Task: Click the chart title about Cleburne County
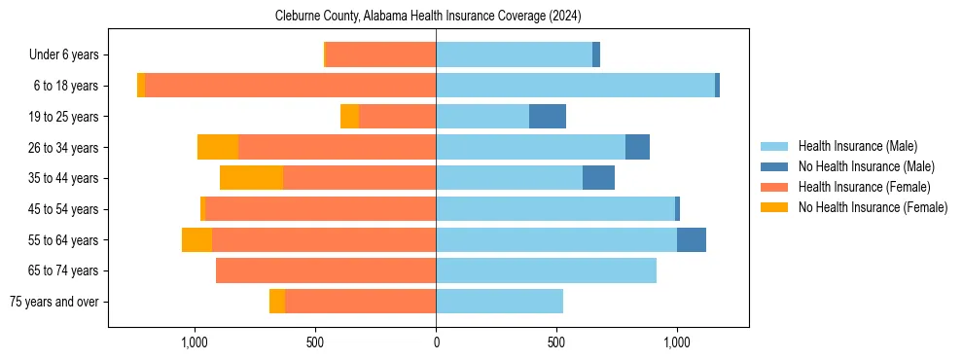428,16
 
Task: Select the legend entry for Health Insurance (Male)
857,146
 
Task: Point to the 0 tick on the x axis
436,342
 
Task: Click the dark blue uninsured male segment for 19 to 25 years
548,117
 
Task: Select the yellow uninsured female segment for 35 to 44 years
251,178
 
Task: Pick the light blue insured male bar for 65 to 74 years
546,270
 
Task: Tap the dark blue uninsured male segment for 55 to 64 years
692,239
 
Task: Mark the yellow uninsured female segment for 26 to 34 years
218,147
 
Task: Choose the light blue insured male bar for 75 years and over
499,302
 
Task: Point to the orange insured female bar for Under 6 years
380,54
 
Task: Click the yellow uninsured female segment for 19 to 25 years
349,117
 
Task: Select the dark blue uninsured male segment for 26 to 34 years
637,147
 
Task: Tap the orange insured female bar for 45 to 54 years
321,209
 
